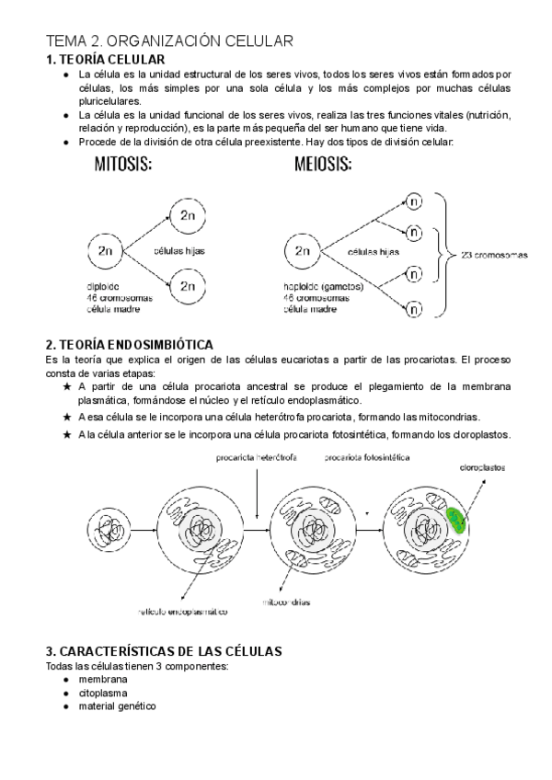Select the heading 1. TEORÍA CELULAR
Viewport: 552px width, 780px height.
coord(105,59)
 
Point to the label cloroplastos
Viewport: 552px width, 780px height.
coord(482,467)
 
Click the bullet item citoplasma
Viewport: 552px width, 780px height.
coord(103,693)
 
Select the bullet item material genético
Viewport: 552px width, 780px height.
coord(117,706)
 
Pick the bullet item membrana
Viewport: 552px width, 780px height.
coord(102,679)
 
